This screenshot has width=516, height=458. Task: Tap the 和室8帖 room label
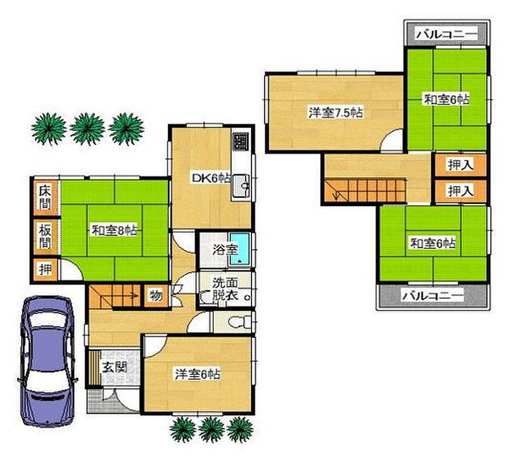tap(114, 231)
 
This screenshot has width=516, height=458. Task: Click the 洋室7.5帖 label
tap(336, 112)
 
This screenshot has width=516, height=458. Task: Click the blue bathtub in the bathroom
tap(239, 249)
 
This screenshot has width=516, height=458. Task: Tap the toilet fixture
tap(239, 322)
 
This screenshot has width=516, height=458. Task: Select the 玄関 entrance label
tap(114, 367)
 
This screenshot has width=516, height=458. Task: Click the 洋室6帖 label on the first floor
tap(198, 375)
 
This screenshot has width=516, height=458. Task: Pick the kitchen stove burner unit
tap(241, 142)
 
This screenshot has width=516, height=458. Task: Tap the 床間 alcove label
tap(45, 198)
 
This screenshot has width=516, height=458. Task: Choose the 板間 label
tap(45, 236)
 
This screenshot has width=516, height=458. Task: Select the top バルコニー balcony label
tap(446, 34)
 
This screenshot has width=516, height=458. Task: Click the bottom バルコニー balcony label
tap(433, 296)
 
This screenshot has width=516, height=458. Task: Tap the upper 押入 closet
tap(461, 164)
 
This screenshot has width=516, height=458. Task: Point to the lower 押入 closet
tap(461, 191)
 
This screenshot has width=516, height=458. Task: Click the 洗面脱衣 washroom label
tap(225, 289)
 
